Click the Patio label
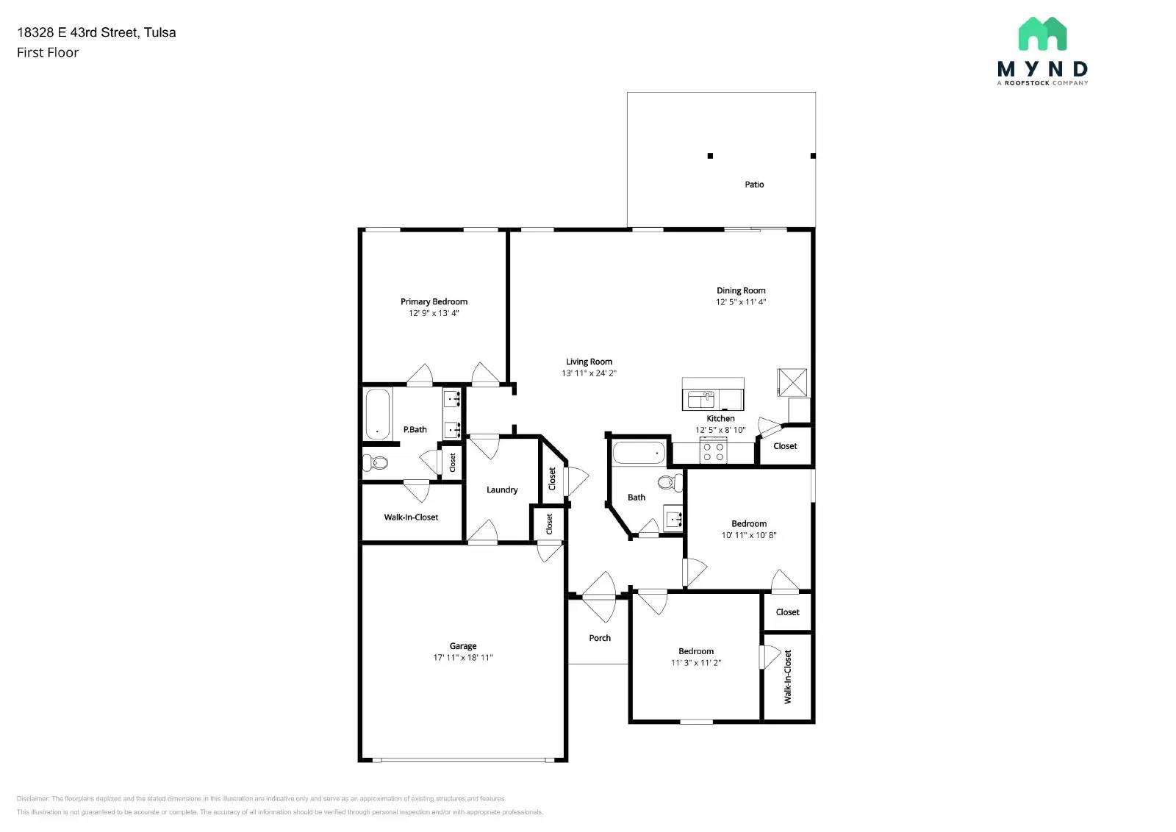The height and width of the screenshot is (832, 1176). (x=754, y=184)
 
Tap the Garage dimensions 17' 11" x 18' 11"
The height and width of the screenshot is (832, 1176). (x=462, y=658)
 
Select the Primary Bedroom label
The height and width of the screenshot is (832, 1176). (x=434, y=301)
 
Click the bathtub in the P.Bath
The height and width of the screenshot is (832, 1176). (x=377, y=414)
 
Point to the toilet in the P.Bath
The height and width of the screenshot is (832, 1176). (x=376, y=462)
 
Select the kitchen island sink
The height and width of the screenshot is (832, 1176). (x=700, y=400)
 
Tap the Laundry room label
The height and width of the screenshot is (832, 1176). (x=502, y=489)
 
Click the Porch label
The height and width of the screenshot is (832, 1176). (x=600, y=638)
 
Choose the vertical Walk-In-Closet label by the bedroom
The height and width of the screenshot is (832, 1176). (x=788, y=676)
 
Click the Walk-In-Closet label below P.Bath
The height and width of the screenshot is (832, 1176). (x=411, y=517)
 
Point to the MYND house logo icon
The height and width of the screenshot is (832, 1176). (x=1042, y=34)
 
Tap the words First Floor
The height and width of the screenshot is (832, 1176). (x=48, y=52)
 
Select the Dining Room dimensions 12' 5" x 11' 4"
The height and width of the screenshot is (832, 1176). (x=741, y=302)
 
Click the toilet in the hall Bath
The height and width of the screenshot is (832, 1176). (x=670, y=482)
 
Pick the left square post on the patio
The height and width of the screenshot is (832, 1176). (x=710, y=156)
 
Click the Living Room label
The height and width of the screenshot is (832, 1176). (x=589, y=362)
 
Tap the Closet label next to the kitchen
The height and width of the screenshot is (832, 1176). (x=785, y=446)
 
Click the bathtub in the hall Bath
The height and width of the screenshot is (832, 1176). (x=638, y=453)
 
